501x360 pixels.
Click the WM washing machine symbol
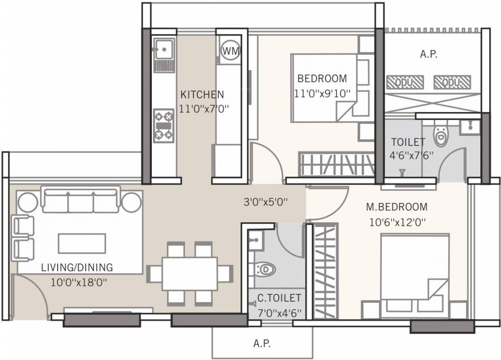(230, 50)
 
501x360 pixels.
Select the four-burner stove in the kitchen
(164, 125)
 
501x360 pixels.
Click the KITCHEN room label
(202, 95)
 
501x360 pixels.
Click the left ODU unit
(405, 82)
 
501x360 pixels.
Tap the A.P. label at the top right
(428, 54)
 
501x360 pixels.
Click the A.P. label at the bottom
(262, 344)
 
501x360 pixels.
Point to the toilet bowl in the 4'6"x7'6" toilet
(441, 135)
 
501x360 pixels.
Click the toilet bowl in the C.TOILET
(266, 270)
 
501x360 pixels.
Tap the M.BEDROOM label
(396, 207)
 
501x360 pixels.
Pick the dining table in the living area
(190, 273)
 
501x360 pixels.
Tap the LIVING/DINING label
(77, 268)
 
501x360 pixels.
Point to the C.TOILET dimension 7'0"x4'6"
(279, 311)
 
